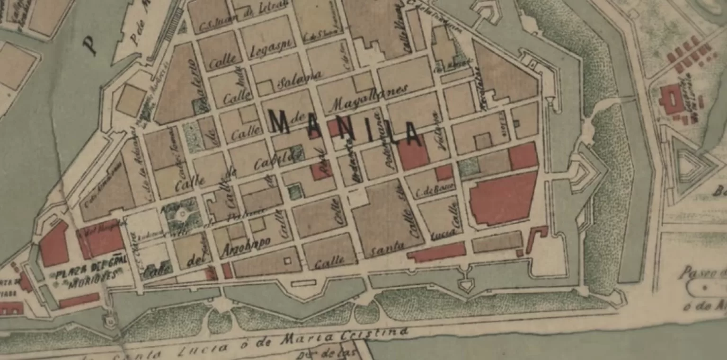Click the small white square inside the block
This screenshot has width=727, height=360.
tap(287, 260)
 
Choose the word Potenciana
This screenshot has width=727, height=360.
tap(378, 135)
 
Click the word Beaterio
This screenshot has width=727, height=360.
tap(192, 85)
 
